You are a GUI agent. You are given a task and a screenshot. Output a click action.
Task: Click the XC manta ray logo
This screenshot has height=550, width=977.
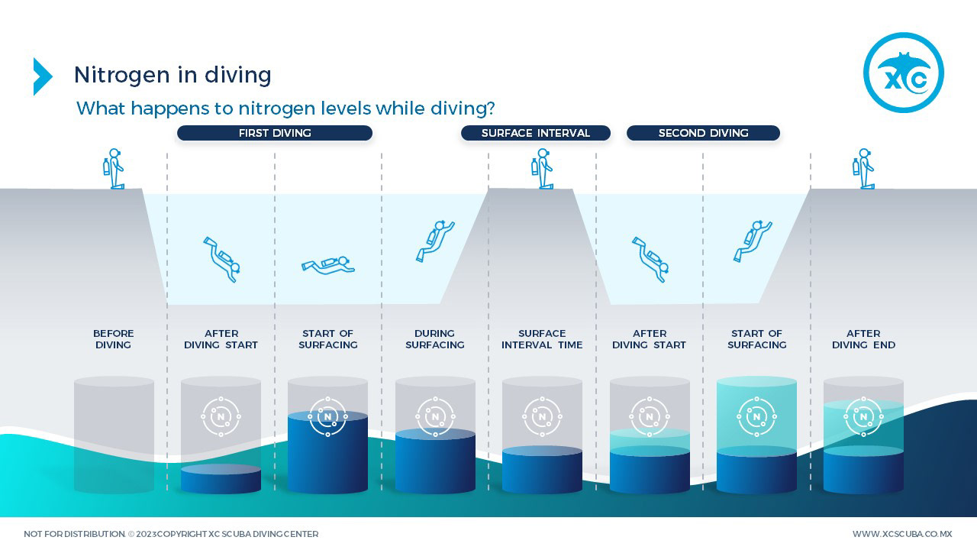point(903,73)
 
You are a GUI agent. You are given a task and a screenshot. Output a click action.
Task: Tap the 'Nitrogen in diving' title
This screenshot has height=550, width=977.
point(173,75)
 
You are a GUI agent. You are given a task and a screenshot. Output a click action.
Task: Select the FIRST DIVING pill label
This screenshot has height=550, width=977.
point(275,133)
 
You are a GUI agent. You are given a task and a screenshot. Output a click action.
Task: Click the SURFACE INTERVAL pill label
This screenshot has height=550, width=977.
point(535,133)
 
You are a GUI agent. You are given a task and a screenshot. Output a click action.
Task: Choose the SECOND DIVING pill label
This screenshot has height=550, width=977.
point(703,133)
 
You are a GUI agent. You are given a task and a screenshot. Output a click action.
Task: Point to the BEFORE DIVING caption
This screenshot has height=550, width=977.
point(114,339)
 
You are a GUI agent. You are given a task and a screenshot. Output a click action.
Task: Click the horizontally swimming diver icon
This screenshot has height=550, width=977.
point(328,266)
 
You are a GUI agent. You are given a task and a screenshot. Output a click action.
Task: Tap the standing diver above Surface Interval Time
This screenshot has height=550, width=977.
point(542,169)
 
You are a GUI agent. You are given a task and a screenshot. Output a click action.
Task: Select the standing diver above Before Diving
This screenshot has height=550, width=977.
point(114,169)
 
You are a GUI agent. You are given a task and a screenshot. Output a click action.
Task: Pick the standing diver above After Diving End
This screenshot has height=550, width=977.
point(863,169)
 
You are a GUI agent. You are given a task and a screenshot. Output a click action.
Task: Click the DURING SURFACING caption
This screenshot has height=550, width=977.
point(435,339)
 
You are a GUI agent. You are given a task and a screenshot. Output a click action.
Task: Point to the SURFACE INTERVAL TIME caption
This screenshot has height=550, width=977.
point(542,339)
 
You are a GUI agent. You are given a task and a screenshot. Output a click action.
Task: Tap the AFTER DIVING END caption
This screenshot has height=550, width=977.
point(863,339)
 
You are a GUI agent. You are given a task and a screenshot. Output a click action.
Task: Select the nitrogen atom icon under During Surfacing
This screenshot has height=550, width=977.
point(435,416)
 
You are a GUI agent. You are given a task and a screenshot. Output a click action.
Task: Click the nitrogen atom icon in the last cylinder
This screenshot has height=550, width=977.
point(863,416)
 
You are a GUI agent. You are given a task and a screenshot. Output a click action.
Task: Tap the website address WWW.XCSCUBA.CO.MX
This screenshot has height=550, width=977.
point(902,534)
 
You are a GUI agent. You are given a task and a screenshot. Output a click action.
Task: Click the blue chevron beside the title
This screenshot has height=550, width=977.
point(42,76)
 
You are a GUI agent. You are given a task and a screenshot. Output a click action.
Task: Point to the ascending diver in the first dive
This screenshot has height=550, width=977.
point(434,240)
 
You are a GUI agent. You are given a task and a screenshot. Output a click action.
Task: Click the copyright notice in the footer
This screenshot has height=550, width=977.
point(171,534)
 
